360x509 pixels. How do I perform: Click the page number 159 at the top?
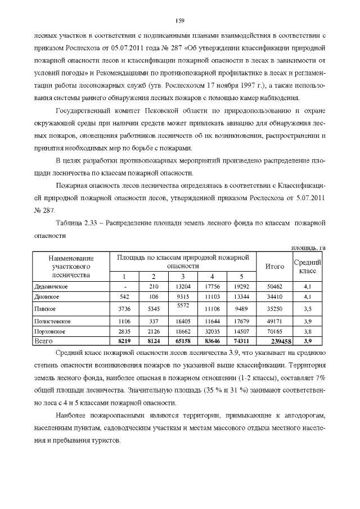click(x=179, y=21)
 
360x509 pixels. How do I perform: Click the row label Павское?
click(x=44, y=309)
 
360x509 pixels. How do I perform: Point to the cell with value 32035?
click(x=211, y=332)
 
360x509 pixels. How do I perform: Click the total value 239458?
click(x=275, y=341)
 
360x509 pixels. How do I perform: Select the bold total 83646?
click(x=211, y=341)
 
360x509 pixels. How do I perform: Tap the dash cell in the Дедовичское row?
click(x=124, y=287)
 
